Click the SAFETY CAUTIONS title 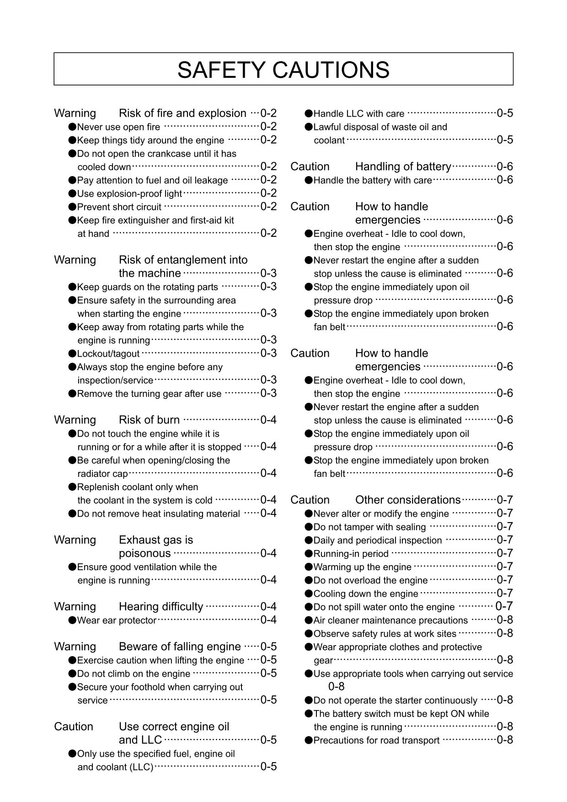(x=283, y=70)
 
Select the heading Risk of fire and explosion (x=182, y=113)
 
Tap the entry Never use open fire (x=118, y=127)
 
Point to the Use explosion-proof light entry (x=129, y=194)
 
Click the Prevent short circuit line (x=119, y=207)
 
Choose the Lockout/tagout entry (x=108, y=354)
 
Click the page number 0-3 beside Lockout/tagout (x=268, y=353)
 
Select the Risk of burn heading (x=149, y=420)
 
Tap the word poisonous (x=144, y=554)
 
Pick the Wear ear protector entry (x=117, y=620)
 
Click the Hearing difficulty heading (x=161, y=607)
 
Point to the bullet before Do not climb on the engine (x=72, y=674)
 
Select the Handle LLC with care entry (x=358, y=114)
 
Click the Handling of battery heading (x=403, y=167)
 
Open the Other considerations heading (x=408, y=500)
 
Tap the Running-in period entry (x=351, y=554)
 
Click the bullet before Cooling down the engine (x=309, y=594)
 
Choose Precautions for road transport (x=376, y=741)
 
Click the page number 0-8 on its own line (x=336, y=686)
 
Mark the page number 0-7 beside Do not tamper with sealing (x=505, y=527)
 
